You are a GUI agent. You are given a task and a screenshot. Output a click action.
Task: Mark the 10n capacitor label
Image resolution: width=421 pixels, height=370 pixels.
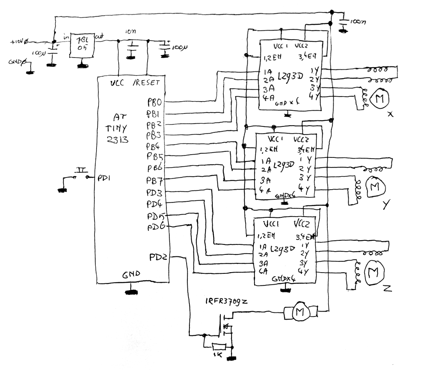[x=130, y=32]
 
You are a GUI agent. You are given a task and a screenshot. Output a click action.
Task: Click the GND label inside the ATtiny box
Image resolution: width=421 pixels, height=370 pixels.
[x=132, y=274]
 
